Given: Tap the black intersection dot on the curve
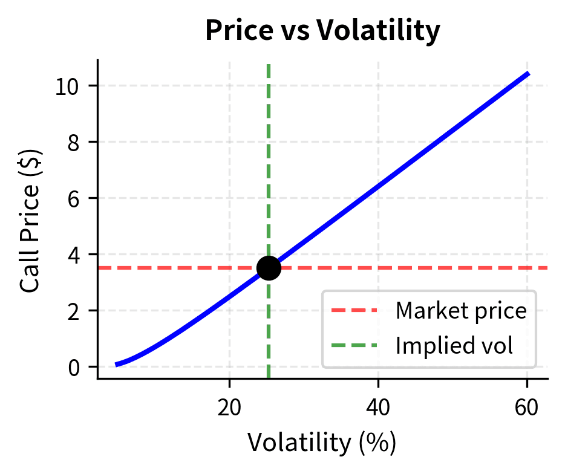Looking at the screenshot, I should (x=269, y=268).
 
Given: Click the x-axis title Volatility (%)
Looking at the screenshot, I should (x=322, y=443).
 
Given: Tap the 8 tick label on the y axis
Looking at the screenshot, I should (x=74, y=142).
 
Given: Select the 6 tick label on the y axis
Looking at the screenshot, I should (x=74, y=198).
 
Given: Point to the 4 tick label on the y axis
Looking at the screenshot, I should (x=74, y=255).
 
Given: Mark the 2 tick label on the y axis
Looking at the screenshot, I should (x=74, y=311).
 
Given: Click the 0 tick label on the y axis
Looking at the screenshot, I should (x=74, y=367).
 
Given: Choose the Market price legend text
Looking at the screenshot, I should (x=461, y=311).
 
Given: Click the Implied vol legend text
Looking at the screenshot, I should (x=454, y=345).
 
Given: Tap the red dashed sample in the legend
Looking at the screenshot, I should (x=354, y=311).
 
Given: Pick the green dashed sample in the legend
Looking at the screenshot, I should (x=354, y=345).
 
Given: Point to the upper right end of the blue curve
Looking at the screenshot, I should (x=528, y=74).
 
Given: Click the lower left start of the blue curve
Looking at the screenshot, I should (x=117, y=364).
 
